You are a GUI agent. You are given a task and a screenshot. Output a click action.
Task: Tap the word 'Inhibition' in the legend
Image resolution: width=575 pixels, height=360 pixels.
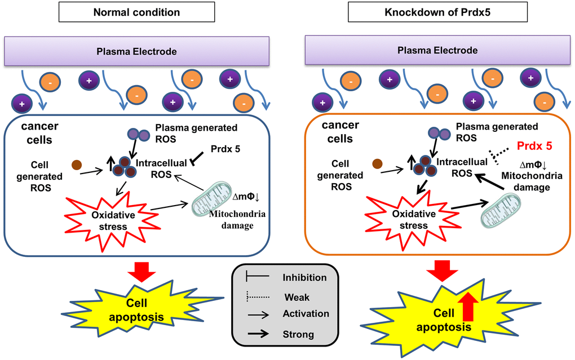(x=304, y=277)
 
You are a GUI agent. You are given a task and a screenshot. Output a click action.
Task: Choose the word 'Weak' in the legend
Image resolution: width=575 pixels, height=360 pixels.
(x=297, y=297)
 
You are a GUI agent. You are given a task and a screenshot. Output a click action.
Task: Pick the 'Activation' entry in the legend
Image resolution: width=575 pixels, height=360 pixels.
(x=306, y=313)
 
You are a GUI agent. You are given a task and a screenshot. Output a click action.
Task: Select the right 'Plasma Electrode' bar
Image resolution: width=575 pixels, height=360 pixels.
(x=437, y=50)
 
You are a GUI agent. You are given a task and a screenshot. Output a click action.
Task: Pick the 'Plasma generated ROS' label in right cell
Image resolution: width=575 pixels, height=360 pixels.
(x=497, y=132)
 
